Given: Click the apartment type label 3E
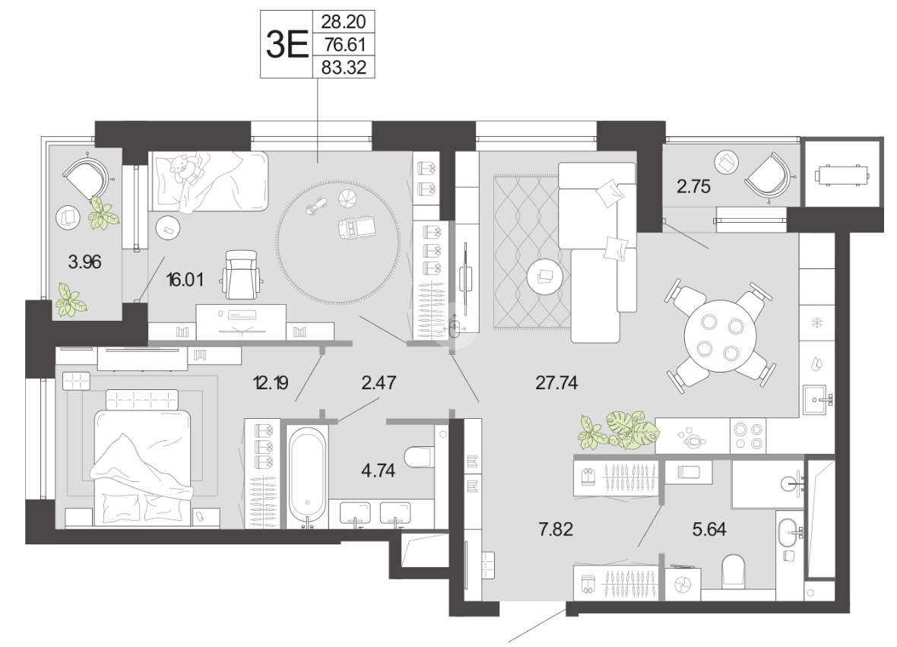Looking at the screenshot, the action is pyautogui.click(x=287, y=44).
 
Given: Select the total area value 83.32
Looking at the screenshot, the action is pyautogui.click(x=344, y=68).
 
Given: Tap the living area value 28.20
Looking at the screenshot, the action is pyautogui.click(x=344, y=22).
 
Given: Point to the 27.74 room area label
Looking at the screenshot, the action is pyautogui.click(x=556, y=382).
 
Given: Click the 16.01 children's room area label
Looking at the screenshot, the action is pyautogui.click(x=185, y=280).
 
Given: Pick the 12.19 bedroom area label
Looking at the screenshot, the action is pyautogui.click(x=271, y=382).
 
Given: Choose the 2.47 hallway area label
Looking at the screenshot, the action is pyautogui.click(x=379, y=382).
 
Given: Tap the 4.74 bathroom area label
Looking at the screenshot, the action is pyautogui.click(x=378, y=470).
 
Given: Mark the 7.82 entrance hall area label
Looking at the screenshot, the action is pyautogui.click(x=556, y=529).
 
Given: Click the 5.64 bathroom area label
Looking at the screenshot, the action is pyautogui.click(x=709, y=529).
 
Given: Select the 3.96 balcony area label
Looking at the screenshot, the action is pyautogui.click(x=84, y=262).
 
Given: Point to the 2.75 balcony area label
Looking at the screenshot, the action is pyautogui.click(x=693, y=186).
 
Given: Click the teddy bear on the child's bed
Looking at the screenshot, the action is pyautogui.click(x=185, y=168).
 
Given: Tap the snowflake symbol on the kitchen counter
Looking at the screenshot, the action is pyautogui.click(x=817, y=323).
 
